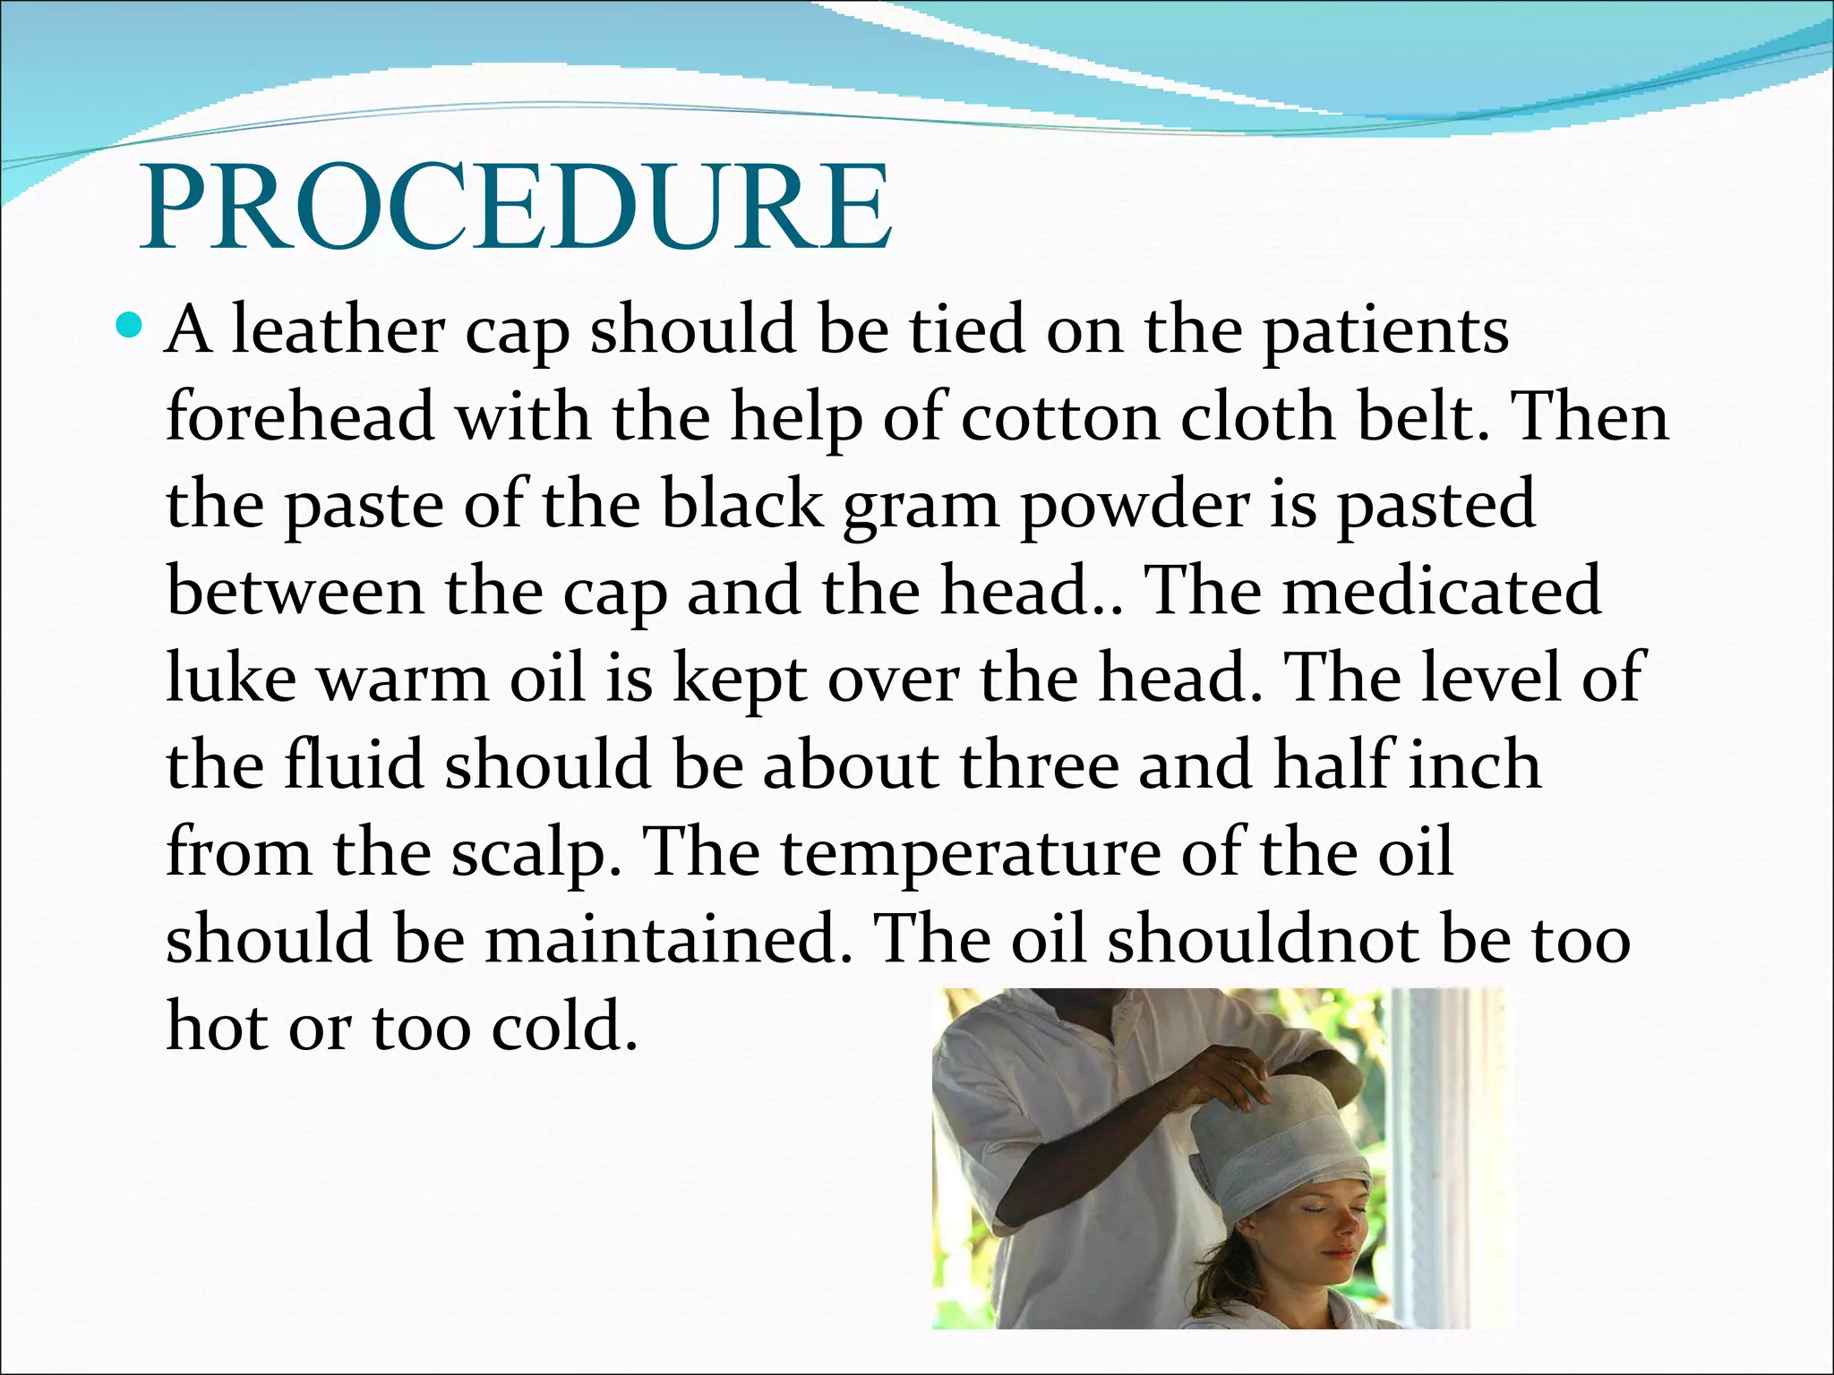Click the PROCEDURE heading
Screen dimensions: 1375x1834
[516, 208]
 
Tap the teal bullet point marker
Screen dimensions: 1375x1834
[130, 326]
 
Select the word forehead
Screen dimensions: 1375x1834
[300, 417]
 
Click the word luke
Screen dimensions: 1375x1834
[231, 678]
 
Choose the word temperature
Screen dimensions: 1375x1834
[971, 853]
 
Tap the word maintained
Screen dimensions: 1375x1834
[668, 939]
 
